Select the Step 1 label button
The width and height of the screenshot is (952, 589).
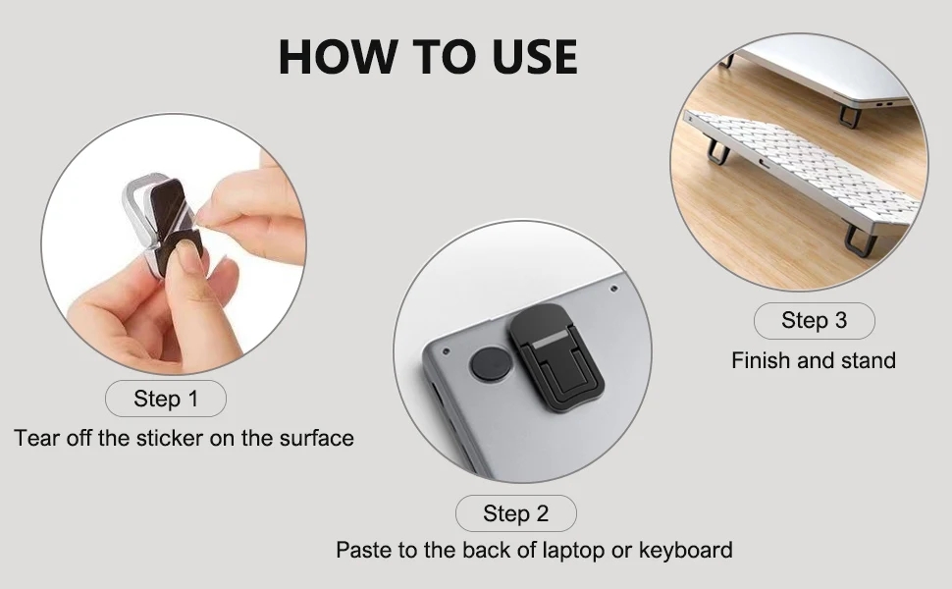point(166,399)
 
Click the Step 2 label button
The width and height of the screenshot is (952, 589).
point(515,513)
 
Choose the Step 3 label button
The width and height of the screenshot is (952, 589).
point(814,320)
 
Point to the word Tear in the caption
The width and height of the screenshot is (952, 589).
point(37,438)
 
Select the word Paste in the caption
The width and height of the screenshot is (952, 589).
point(365,550)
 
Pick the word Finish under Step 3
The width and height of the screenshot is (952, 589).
point(761,360)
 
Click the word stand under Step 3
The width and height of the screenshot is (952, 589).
point(868,360)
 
